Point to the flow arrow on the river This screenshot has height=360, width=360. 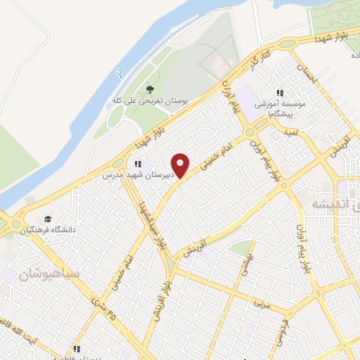click(x=119, y=72)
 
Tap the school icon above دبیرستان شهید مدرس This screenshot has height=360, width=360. click(x=139, y=165)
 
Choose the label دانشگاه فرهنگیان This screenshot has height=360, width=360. click(x=49, y=229)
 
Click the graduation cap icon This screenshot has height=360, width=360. click(x=48, y=218)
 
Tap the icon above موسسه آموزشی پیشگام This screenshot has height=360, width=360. click(x=280, y=93)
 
